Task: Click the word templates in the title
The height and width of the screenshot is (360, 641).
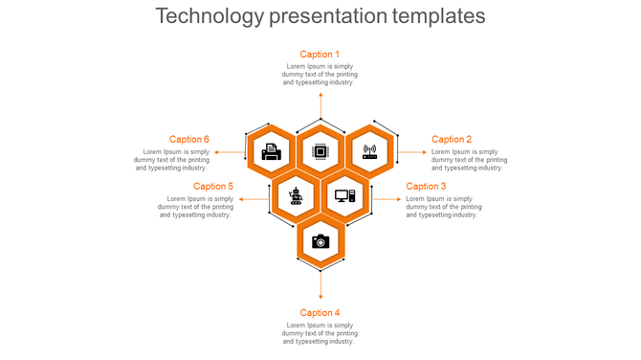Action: point(431,16)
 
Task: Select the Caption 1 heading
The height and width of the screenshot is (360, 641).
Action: point(320,55)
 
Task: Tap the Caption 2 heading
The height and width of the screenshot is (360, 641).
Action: point(452,140)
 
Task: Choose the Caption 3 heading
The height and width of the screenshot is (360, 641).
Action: point(426,187)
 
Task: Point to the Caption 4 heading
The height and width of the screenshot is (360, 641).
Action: point(320,313)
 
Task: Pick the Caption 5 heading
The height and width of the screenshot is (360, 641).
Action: point(213,187)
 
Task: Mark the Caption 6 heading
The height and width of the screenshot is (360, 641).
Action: point(189,140)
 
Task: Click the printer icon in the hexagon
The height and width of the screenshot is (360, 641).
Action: point(272,151)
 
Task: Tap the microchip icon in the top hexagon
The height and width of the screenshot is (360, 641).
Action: point(320,151)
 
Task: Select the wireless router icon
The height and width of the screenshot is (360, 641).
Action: point(369,151)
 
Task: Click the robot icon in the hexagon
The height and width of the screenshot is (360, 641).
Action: point(296,196)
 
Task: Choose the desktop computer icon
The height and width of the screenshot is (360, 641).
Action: point(344,196)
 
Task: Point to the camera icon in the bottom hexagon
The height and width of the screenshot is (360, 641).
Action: point(320,241)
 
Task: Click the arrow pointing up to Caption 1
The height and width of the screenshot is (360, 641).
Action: point(320,105)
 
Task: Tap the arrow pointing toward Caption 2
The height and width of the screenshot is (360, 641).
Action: point(411,151)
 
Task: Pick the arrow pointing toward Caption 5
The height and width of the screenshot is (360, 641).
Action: point(254,199)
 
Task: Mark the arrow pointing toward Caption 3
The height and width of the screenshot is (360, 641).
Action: point(386,199)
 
